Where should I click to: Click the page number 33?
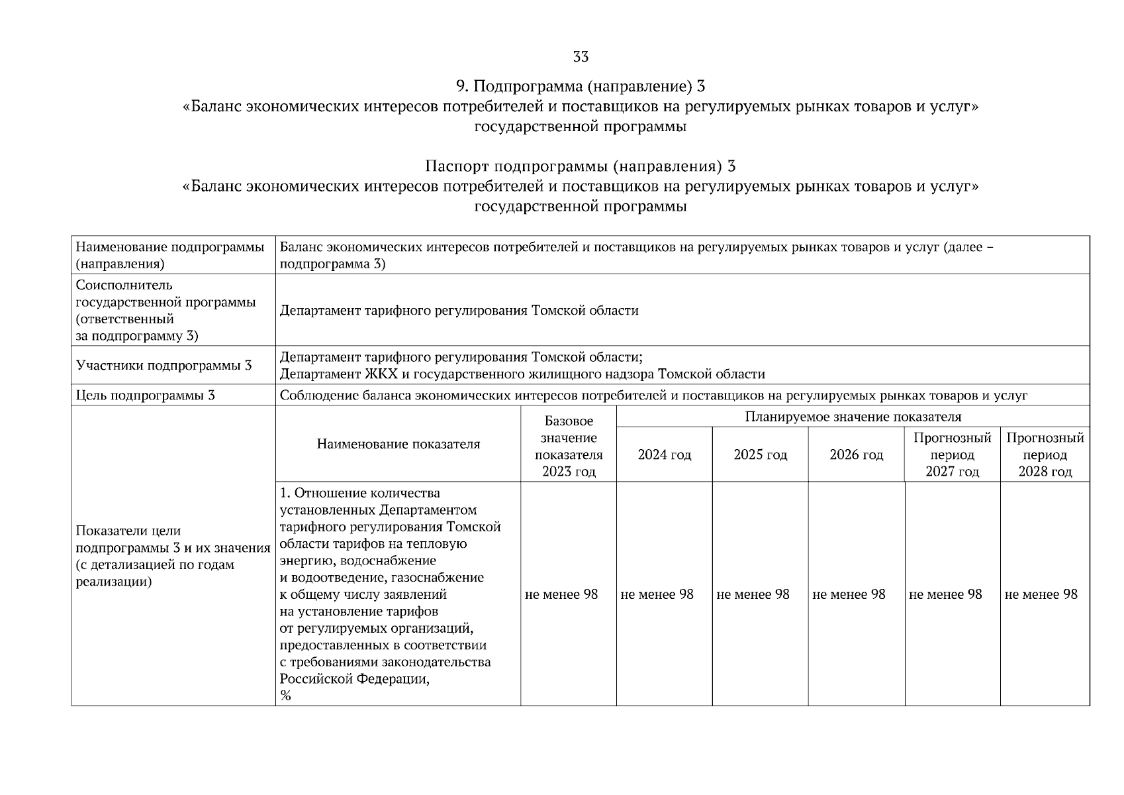(581, 57)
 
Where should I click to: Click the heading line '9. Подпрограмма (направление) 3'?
(581, 86)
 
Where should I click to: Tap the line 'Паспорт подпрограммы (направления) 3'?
(581, 166)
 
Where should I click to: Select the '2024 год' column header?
(664, 455)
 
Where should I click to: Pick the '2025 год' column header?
(760, 455)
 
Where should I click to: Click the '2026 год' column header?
(856, 455)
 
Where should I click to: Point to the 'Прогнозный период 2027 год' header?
(952, 454)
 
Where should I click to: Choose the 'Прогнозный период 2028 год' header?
(1045, 454)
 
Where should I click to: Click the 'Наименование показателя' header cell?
(398, 444)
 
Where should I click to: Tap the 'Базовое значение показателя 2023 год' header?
(569, 447)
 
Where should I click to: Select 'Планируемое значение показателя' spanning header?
(853, 417)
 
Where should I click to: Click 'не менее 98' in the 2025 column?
(753, 594)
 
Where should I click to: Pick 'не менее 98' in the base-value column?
(561, 594)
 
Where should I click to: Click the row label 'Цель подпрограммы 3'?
(145, 396)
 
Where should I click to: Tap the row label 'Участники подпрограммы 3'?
(164, 366)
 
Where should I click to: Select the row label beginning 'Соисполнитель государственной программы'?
(165, 310)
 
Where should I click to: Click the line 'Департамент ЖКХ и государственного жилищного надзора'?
(522, 374)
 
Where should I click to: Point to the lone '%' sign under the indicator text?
(285, 696)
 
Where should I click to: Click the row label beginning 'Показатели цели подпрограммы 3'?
(172, 556)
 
